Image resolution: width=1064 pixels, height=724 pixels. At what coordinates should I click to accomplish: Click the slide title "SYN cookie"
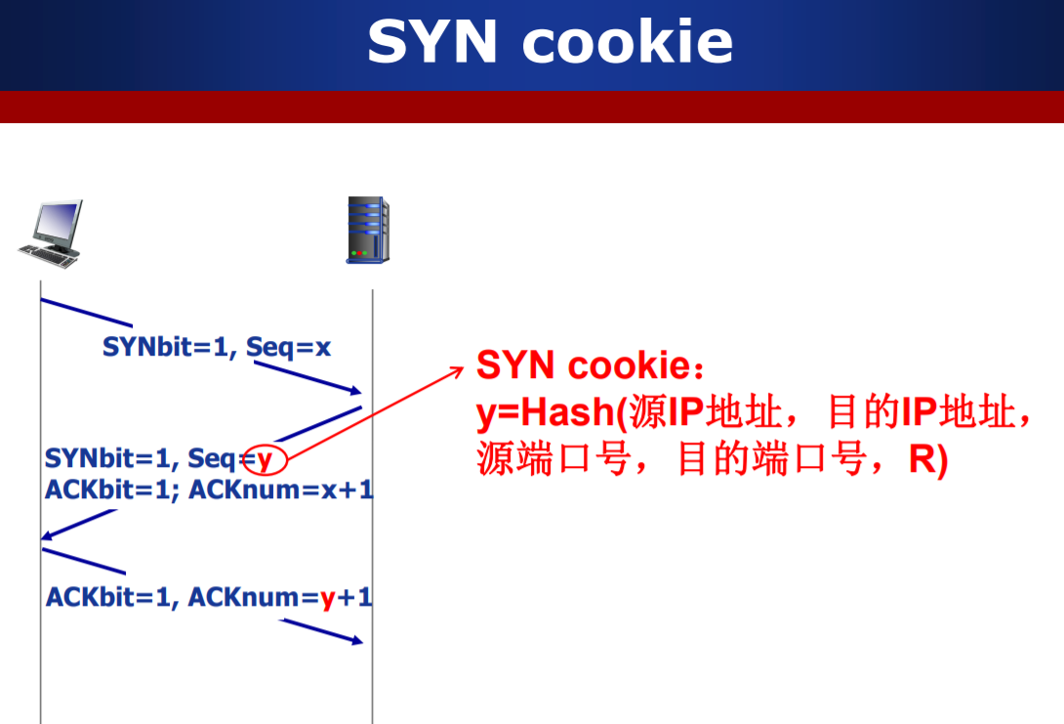[550, 41]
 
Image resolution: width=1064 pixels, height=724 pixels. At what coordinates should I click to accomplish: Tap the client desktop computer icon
[51, 234]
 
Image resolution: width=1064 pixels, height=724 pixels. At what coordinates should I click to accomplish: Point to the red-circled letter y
[264, 458]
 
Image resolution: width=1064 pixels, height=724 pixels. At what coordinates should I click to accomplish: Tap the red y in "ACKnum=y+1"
[328, 597]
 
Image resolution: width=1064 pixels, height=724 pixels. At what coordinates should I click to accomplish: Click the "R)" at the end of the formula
[927, 459]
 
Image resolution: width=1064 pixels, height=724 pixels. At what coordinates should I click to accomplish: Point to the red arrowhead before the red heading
[458, 369]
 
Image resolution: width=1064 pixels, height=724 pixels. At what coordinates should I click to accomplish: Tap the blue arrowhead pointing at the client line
[46, 535]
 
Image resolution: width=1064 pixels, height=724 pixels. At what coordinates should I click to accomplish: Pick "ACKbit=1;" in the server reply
[111, 490]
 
